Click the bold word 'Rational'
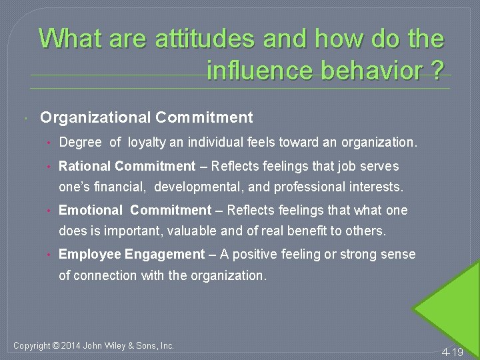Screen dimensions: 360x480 (84, 166)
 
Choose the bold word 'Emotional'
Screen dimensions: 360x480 (91, 211)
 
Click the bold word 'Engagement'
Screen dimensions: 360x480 (164, 255)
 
